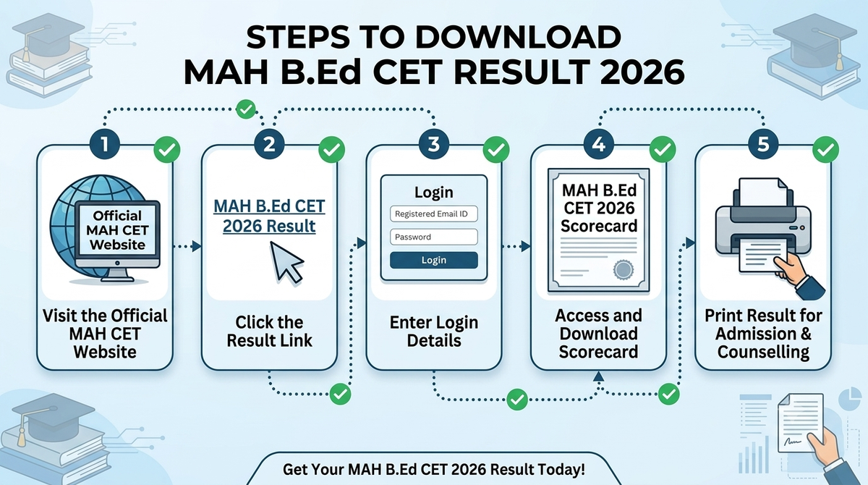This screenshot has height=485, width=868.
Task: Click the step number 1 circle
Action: (105, 144)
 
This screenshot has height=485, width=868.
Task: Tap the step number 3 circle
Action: (434, 144)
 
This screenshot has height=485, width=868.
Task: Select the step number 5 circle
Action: (763, 144)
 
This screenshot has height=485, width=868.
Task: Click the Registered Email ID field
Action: (433, 214)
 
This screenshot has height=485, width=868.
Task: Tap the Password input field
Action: (433, 237)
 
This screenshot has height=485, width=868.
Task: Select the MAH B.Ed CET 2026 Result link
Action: (269, 216)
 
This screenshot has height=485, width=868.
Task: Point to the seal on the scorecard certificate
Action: (623, 269)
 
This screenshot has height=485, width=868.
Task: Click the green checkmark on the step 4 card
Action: (663, 149)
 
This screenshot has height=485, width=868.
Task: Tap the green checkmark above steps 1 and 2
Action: (246, 109)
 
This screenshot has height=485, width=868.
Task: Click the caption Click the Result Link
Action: (269, 332)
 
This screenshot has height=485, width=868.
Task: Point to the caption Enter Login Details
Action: (434, 332)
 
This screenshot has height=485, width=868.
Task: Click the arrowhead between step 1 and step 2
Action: (197, 246)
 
